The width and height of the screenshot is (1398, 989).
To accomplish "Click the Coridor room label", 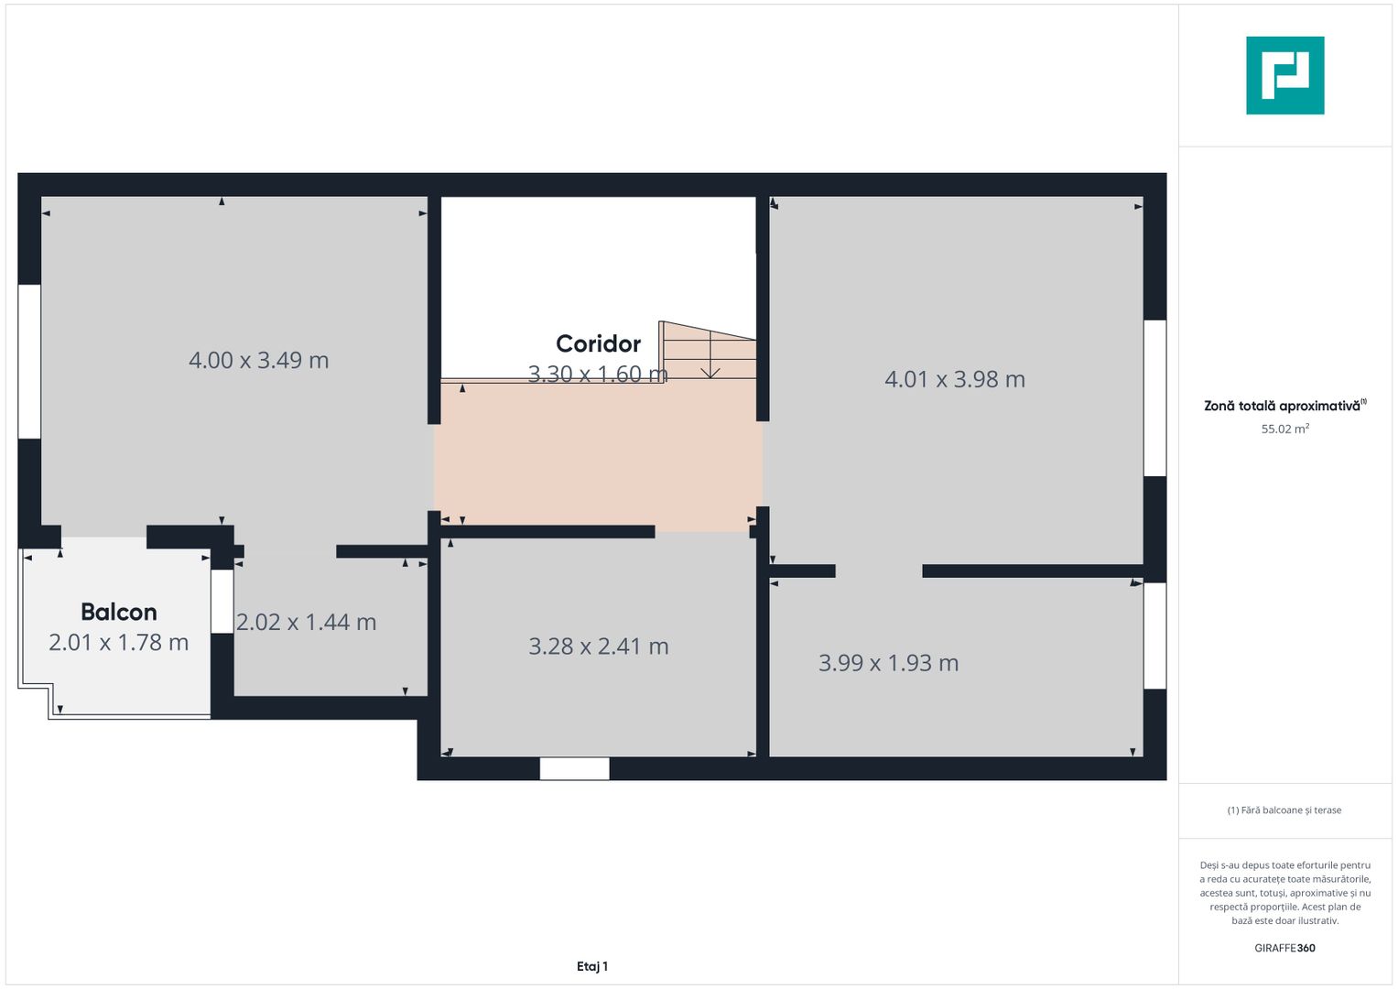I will (x=598, y=343).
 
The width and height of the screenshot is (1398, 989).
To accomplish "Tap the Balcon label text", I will (x=119, y=612).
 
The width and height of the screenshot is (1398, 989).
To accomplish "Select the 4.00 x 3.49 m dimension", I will (x=258, y=360).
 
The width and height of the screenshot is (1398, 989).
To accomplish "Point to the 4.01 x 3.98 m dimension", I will (x=954, y=379).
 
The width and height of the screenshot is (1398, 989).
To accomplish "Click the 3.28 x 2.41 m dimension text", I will (x=598, y=647).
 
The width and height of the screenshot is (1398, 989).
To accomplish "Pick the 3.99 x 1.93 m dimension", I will (x=888, y=663).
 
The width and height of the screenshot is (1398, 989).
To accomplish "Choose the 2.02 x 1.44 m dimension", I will (x=306, y=623).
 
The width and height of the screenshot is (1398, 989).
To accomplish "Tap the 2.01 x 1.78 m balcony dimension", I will (x=119, y=643).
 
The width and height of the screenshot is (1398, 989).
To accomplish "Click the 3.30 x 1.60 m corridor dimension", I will (x=597, y=374).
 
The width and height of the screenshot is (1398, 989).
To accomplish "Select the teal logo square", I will (x=1284, y=75).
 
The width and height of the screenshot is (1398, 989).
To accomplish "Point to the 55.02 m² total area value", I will (x=1284, y=429).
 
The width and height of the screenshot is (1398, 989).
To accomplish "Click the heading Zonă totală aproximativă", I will (x=1282, y=406).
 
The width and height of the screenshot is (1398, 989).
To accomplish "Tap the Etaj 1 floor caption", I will (x=592, y=966).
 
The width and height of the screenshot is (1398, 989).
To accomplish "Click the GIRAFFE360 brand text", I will (x=1284, y=948).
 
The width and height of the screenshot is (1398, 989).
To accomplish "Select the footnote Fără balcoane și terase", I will (x=1284, y=810).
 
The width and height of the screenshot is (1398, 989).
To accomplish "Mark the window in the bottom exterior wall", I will (x=574, y=768).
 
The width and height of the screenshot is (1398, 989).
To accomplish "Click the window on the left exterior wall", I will (x=29, y=362).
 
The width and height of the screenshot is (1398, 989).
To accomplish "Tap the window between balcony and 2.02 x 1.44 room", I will (x=222, y=601).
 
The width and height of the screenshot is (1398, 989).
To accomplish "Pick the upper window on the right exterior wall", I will (x=1154, y=397).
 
